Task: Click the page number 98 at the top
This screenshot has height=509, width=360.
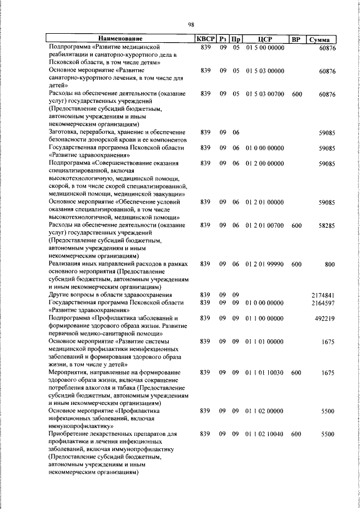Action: (191, 25)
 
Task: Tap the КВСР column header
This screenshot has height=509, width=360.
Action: (205, 39)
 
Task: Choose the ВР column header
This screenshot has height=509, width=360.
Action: (297, 39)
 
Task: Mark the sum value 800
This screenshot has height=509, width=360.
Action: (330, 263)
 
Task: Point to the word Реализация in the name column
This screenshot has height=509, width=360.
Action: (67, 263)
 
